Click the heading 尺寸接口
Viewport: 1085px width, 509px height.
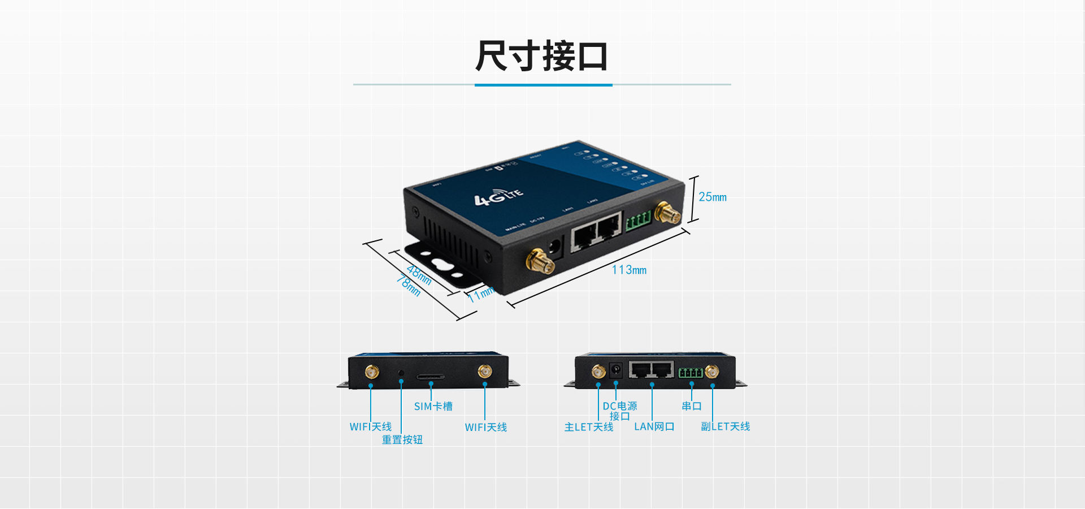[x=541, y=56]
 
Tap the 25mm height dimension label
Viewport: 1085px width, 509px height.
[x=712, y=197]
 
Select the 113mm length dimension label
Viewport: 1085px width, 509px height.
[x=629, y=270]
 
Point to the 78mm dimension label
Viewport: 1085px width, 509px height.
[x=408, y=285]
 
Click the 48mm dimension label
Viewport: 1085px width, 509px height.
[x=419, y=275]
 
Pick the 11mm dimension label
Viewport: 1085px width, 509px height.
[x=481, y=294]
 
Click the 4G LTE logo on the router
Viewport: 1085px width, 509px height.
[x=498, y=196]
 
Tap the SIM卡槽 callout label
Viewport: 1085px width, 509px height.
[x=433, y=407]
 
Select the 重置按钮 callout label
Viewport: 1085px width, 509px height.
[x=402, y=440]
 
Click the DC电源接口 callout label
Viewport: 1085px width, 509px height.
[x=619, y=411]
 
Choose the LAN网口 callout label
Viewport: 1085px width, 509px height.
[x=654, y=427]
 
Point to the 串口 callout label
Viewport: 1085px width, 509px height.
[x=691, y=406]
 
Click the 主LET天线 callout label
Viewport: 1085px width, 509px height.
[x=588, y=427]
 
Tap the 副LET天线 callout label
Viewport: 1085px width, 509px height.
[x=725, y=426]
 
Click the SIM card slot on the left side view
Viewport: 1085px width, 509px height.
[x=431, y=377]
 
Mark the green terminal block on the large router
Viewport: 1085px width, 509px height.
[x=638, y=221]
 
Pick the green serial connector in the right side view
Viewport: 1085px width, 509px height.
[x=691, y=373]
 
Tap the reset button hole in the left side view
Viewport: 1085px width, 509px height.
[x=401, y=373]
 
